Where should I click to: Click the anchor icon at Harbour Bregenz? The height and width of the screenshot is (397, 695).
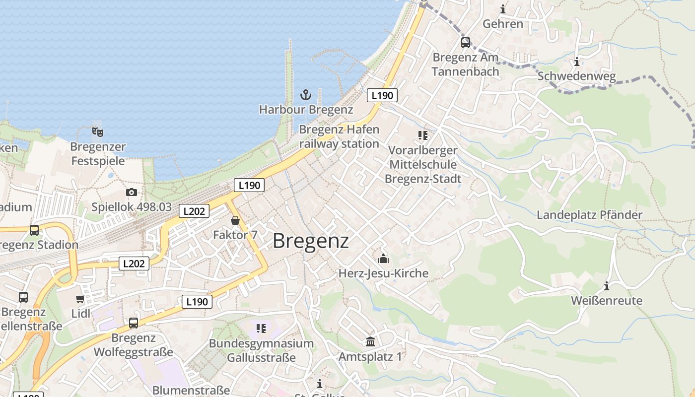click(x=306, y=94)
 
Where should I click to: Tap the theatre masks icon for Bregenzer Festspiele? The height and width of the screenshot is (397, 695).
click(x=98, y=132)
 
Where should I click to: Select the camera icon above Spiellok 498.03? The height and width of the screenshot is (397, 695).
click(x=132, y=192)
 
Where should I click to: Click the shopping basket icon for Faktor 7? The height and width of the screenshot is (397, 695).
click(x=235, y=220)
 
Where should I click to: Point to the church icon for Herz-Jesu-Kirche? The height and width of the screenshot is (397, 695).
click(x=383, y=259)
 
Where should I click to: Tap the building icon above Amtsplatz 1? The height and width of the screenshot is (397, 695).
click(x=370, y=341)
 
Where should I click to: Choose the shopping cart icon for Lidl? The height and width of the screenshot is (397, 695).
click(x=80, y=299)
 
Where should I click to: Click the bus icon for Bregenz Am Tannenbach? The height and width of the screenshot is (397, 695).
click(x=465, y=43)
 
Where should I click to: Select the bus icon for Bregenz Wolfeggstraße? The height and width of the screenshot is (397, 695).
click(x=133, y=323)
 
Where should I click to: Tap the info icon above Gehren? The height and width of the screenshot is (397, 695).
click(x=503, y=9)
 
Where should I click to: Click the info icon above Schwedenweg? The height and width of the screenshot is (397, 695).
click(x=576, y=62)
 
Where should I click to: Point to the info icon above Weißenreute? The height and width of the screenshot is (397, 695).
click(x=606, y=286)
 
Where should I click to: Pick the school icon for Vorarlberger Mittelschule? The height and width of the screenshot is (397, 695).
click(x=422, y=135)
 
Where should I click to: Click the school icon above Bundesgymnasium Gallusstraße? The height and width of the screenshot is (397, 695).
click(x=261, y=328)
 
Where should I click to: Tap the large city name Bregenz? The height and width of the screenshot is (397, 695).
click(x=311, y=241)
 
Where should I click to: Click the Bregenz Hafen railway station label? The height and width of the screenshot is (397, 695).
click(x=339, y=136)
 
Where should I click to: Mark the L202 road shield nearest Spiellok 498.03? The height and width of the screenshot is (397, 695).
click(x=194, y=211)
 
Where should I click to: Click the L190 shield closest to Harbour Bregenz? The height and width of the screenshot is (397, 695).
click(x=382, y=95)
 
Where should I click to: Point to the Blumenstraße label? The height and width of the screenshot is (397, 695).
click(x=191, y=390)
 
